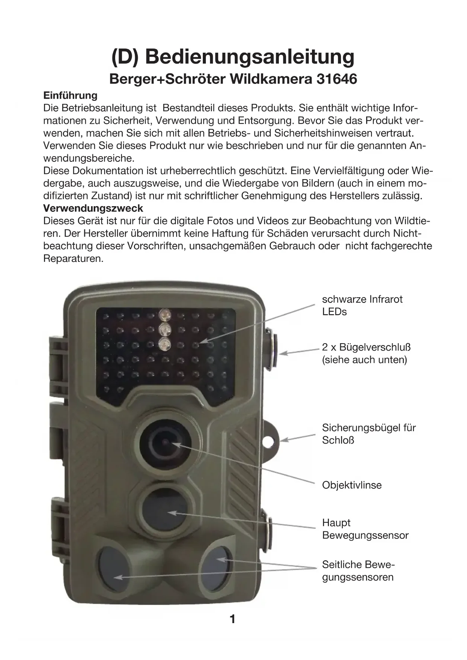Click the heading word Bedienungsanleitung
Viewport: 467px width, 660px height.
coord(249,56)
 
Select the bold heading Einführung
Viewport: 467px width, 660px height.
coord(70,95)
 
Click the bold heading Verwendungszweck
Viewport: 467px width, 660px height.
coord(93,208)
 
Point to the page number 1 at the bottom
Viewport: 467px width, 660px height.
coord(233,619)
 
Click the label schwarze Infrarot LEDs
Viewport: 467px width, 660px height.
coord(362,305)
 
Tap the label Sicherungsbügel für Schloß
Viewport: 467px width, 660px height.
coord(368,433)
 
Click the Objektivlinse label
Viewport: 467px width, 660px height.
coord(351,485)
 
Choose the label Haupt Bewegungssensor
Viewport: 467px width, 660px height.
coord(365,529)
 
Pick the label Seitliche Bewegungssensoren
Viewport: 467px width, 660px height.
coord(358,571)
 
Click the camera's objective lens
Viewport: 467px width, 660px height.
coord(166,442)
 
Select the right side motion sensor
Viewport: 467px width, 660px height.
coord(216,565)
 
